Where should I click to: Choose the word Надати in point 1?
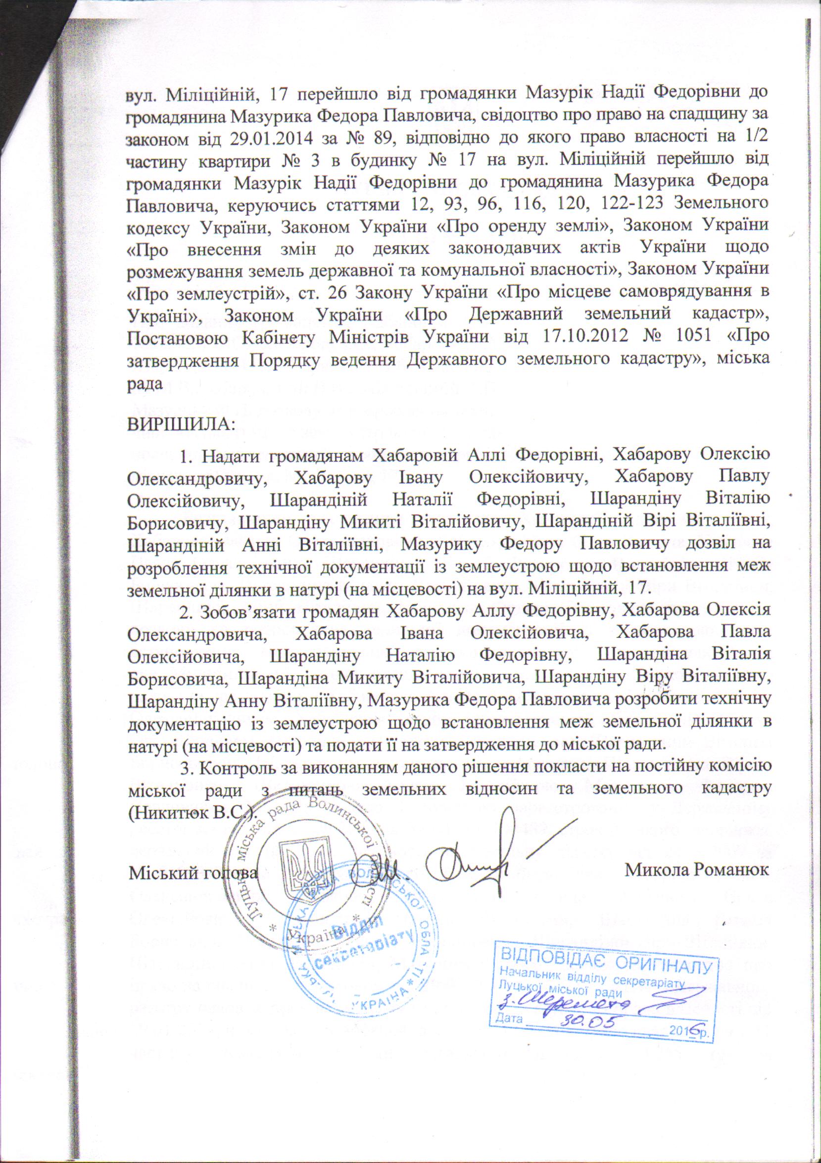pos(230,456)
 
